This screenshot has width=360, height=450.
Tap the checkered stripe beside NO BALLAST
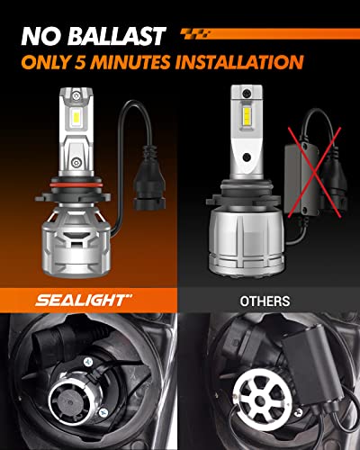pyautogui.click(x=202, y=35)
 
